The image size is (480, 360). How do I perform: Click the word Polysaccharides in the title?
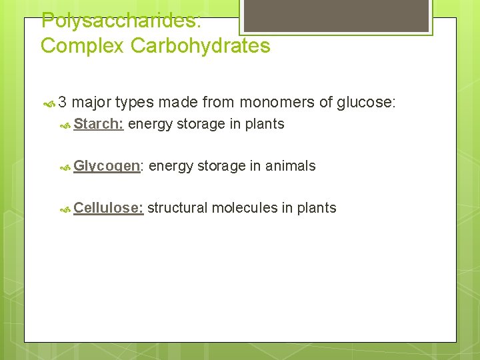(121, 21)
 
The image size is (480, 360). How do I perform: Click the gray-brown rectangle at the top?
(335, 15)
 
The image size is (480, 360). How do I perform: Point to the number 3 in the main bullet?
(62, 103)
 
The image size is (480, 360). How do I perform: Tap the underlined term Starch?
(98, 124)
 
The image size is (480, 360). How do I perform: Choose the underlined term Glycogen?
(108, 166)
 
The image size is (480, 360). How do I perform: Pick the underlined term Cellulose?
(108, 208)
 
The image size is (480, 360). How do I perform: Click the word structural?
(177, 208)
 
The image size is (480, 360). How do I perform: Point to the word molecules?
(244, 208)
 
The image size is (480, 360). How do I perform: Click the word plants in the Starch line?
(265, 124)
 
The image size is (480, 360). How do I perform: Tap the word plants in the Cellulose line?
(317, 208)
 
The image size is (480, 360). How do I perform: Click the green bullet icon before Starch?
(65, 125)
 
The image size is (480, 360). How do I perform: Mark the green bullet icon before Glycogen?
(65, 167)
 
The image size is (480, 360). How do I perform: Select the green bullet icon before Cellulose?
(65, 209)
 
